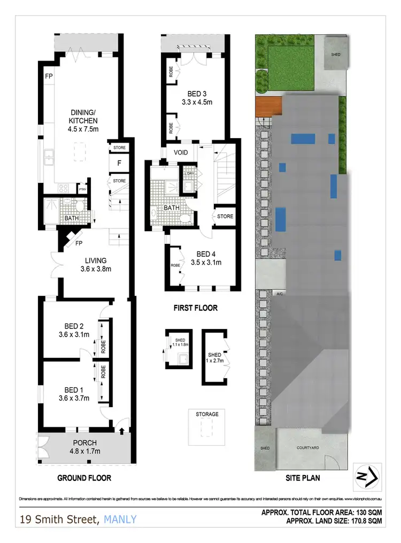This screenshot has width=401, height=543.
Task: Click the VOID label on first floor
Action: [x=181, y=152]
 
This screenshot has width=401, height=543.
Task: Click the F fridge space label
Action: [x=118, y=163]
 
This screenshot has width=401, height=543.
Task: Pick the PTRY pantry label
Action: [x=82, y=189]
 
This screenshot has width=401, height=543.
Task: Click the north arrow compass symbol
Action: [x=368, y=475]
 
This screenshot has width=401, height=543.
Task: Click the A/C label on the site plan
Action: [x=279, y=294]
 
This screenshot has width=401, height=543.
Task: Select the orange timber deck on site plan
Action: [x=268, y=106]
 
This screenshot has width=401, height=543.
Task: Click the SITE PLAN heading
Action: [x=302, y=478]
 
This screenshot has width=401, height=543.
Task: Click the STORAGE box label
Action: [x=207, y=414]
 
